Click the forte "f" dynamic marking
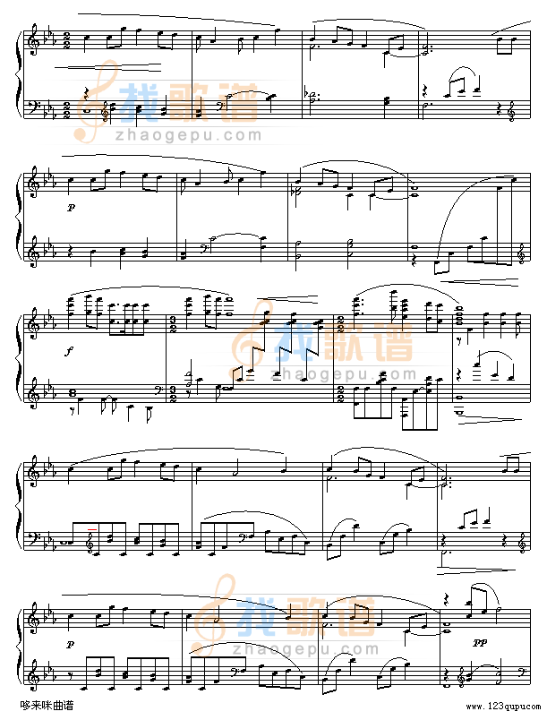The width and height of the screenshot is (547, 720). pyautogui.click(x=69, y=352)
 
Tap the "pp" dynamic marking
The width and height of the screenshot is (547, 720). pyautogui.click(x=479, y=643)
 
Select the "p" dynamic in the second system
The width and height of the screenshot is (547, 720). pyautogui.click(x=70, y=207)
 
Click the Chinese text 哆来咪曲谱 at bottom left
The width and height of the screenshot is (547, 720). pyautogui.click(x=47, y=705)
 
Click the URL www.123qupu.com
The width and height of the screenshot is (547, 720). pyautogui.click(x=503, y=707)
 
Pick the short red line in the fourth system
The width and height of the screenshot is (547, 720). pyautogui.click(x=92, y=529)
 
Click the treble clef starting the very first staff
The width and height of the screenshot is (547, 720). pyautogui.click(x=33, y=40)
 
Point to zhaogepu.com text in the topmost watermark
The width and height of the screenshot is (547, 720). pyautogui.click(x=189, y=136)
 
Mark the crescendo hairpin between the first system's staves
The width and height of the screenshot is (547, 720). pyautogui.click(x=107, y=67)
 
